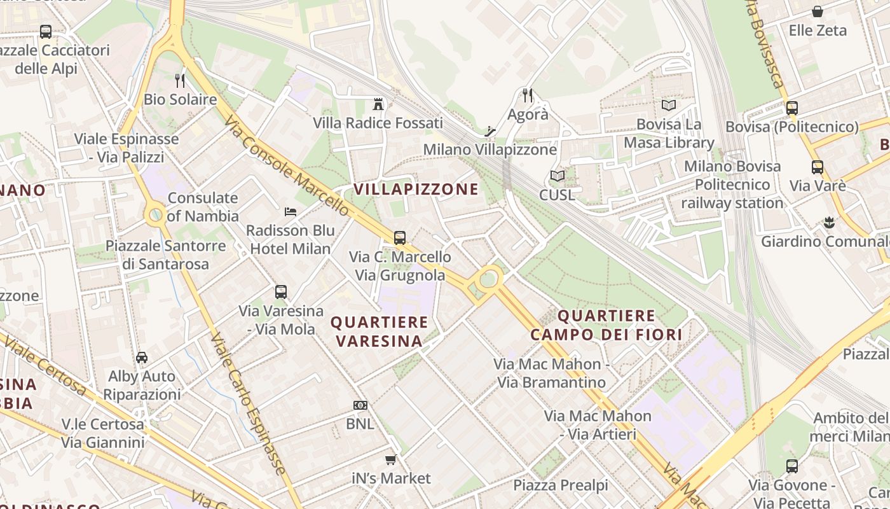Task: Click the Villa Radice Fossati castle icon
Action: point(379,104)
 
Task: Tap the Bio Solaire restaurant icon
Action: point(180,80)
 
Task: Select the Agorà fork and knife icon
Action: point(528,95)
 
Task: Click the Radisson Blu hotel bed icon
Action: point(291,211)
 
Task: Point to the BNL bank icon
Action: point(360,405)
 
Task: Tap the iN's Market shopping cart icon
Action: point(391,459)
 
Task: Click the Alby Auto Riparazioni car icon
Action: point(142,358)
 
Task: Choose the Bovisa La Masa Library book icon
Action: point(668,105)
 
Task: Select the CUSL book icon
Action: point(557,176)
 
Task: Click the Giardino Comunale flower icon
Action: point(828,223)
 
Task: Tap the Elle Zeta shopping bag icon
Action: point(818,11)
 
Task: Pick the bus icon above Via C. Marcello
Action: point(400,238)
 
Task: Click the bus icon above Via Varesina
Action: point(281,292)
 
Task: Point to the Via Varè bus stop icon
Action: point(818,167)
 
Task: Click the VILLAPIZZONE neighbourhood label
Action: point(416,189)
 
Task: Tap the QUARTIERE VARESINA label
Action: point(379,331)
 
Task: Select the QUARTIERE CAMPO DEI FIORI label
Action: point(606,325)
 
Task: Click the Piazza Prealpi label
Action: point(561,485)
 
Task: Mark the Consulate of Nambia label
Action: point(203,207)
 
